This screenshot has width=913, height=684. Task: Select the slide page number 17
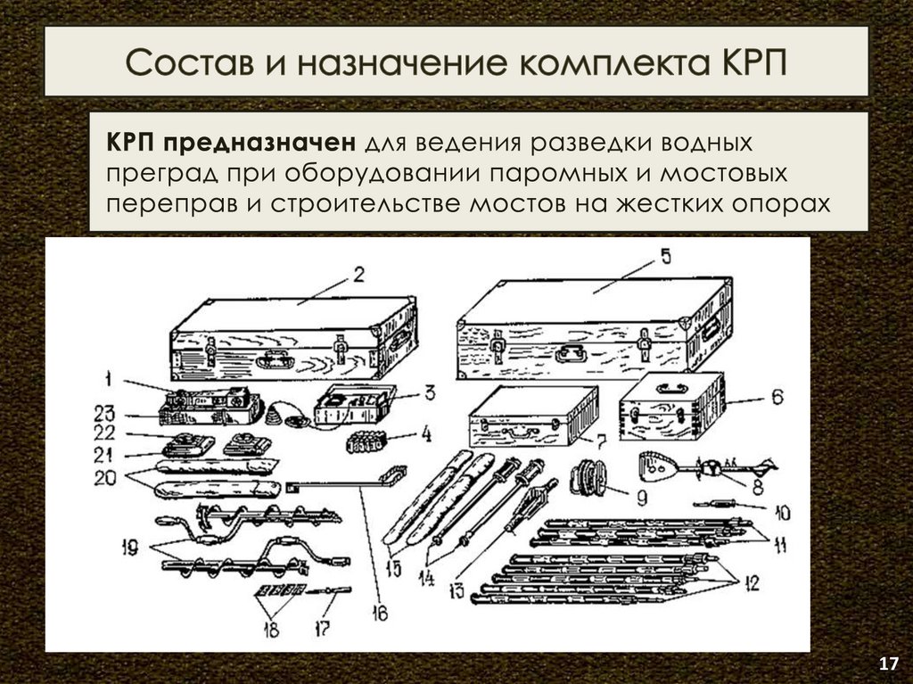coord(888,664)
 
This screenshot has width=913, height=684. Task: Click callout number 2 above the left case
coord(358,274)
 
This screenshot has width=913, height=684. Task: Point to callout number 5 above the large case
coord(664,256)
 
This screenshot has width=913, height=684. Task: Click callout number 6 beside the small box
coord(777,398)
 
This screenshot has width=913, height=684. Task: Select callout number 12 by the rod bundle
coord(751,585)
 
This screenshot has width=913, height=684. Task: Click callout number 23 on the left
coord(108,412)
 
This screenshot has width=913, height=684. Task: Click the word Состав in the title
coord(184,63)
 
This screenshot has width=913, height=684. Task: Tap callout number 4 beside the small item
coord(425,436)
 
